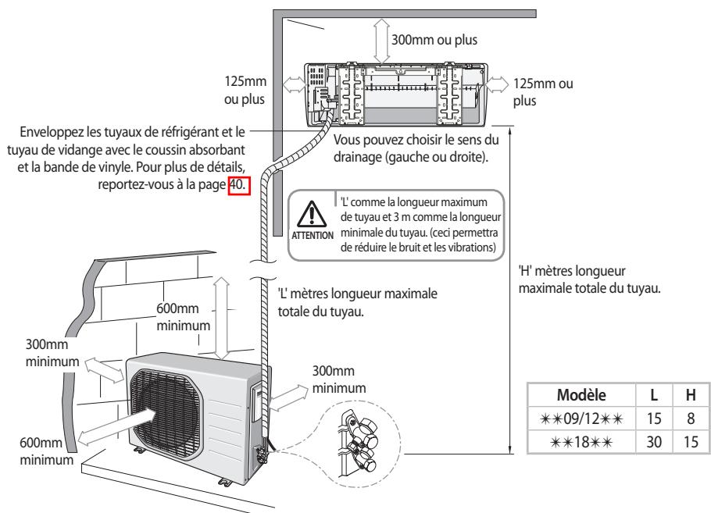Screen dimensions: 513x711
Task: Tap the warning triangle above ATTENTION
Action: [x=311, y=214]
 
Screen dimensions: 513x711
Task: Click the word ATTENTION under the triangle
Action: [x=311, y=234]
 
